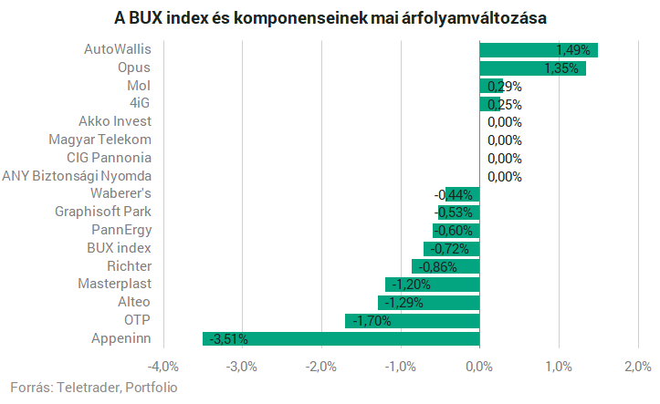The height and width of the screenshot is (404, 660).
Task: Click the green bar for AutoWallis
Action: click(x=539, y=50)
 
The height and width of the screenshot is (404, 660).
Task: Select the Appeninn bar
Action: click(x=340, y=339)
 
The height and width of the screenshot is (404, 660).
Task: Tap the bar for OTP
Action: click(x=412, y=321)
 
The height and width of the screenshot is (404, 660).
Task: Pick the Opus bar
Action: click(x=532, y=68)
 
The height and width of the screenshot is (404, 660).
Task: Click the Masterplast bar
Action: click(x=432, y=285)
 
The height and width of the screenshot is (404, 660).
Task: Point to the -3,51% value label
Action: click(x=228, y=339)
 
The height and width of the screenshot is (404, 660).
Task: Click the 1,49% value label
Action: click(x=572, y=50)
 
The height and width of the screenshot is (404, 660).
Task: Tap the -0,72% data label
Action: click(x=452, y=248)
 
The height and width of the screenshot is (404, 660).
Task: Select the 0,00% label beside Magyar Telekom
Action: click(x=504, y=140)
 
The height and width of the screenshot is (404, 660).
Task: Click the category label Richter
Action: click(x=129, y=266)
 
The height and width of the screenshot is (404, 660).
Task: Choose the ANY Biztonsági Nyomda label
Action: click(x=77, y=176)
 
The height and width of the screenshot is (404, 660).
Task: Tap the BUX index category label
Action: click(x=119, y=248)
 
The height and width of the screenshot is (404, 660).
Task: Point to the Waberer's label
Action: click(x=120, y=193)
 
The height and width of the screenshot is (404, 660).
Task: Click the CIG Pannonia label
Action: click(x=109, y=158)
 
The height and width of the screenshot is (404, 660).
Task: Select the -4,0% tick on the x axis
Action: click(x=162, y=367)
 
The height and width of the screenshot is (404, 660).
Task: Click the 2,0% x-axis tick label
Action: click(x=636, y=367)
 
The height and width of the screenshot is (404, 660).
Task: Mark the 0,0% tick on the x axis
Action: click(x=478, y=367)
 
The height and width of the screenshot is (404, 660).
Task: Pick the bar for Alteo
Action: click(x=428, y=303)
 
